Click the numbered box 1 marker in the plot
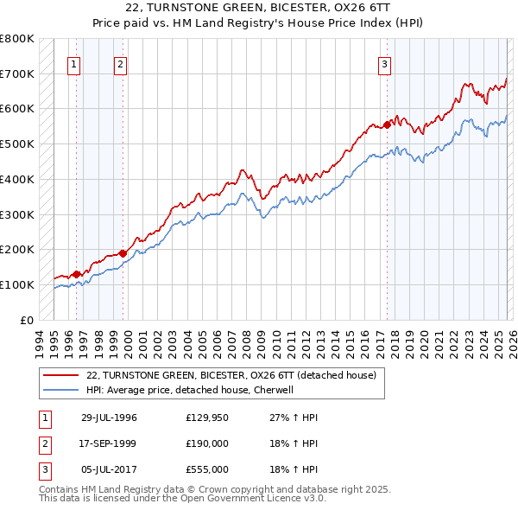[73, 63]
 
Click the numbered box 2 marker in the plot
[120, 63]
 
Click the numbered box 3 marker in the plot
[383, 63]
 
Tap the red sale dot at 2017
[387, 124]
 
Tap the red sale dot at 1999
[123, 253]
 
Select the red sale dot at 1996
[77, 274]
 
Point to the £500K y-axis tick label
[16, 144]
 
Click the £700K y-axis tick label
[16, 74]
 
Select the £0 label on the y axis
[25, 320]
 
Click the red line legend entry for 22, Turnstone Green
[231, 376]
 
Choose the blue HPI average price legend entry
[190, 390]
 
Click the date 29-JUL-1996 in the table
[109, 418]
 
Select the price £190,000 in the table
[206, 443]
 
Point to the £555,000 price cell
[206, 469]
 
